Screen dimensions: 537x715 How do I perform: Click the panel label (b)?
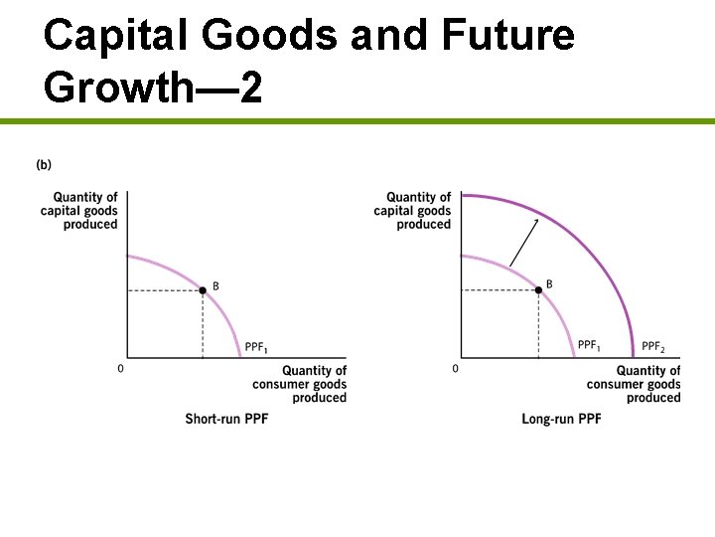44,164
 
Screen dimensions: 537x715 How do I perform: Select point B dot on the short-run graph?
203,290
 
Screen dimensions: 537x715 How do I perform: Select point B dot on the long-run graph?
537,290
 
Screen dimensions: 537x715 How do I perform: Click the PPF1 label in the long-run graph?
589,346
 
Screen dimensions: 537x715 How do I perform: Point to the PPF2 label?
652,346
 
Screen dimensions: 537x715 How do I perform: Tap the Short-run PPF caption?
226,419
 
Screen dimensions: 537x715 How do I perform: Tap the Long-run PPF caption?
561,419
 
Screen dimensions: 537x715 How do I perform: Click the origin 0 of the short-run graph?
121,369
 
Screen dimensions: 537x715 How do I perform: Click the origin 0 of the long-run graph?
455,369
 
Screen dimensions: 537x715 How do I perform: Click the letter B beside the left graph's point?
215,285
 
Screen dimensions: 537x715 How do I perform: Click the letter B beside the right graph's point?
549,284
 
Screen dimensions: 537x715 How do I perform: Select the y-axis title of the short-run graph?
79,211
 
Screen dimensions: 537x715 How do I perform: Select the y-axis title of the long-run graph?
413,211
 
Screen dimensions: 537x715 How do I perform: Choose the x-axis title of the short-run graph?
300,384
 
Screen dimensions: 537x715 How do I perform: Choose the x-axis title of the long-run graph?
634,384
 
